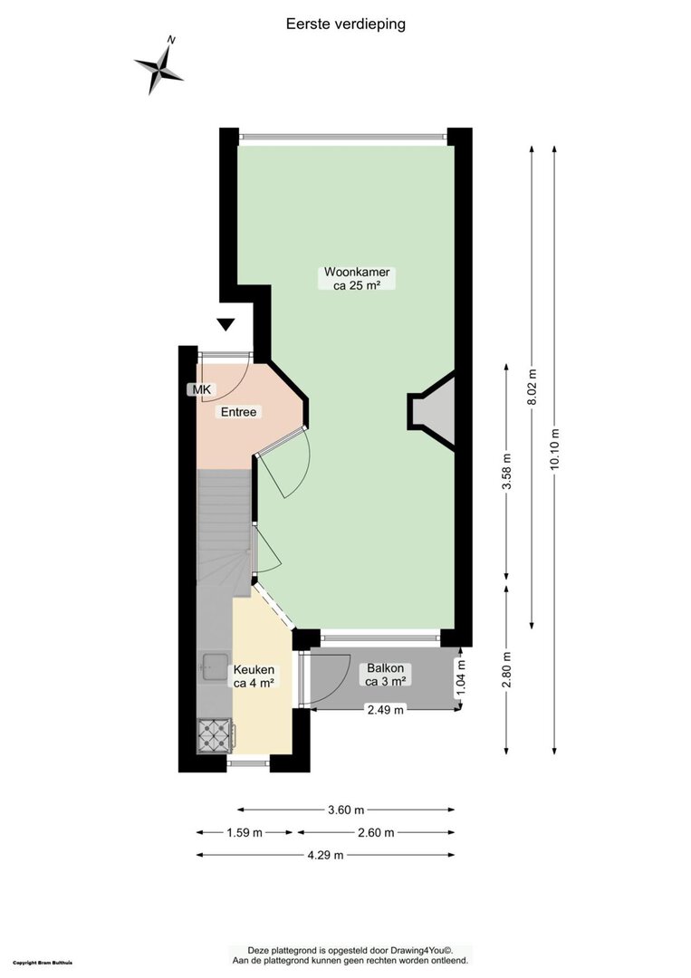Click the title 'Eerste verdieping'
[346, 24]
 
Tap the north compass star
[159, 67]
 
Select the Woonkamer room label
[357, 278]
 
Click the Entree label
[238, 412]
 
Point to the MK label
[201, 389]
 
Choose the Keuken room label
[254, 676]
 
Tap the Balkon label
[386, 675]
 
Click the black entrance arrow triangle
[226, 324]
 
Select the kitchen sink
[214, 667]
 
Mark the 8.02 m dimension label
[532, 388]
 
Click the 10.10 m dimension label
[555, 450]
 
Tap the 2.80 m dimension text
[507, 670]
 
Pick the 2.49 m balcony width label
[386, 709]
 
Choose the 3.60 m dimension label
[346, 810]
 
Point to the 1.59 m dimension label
[245, 833]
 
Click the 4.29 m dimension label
[325, 855]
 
